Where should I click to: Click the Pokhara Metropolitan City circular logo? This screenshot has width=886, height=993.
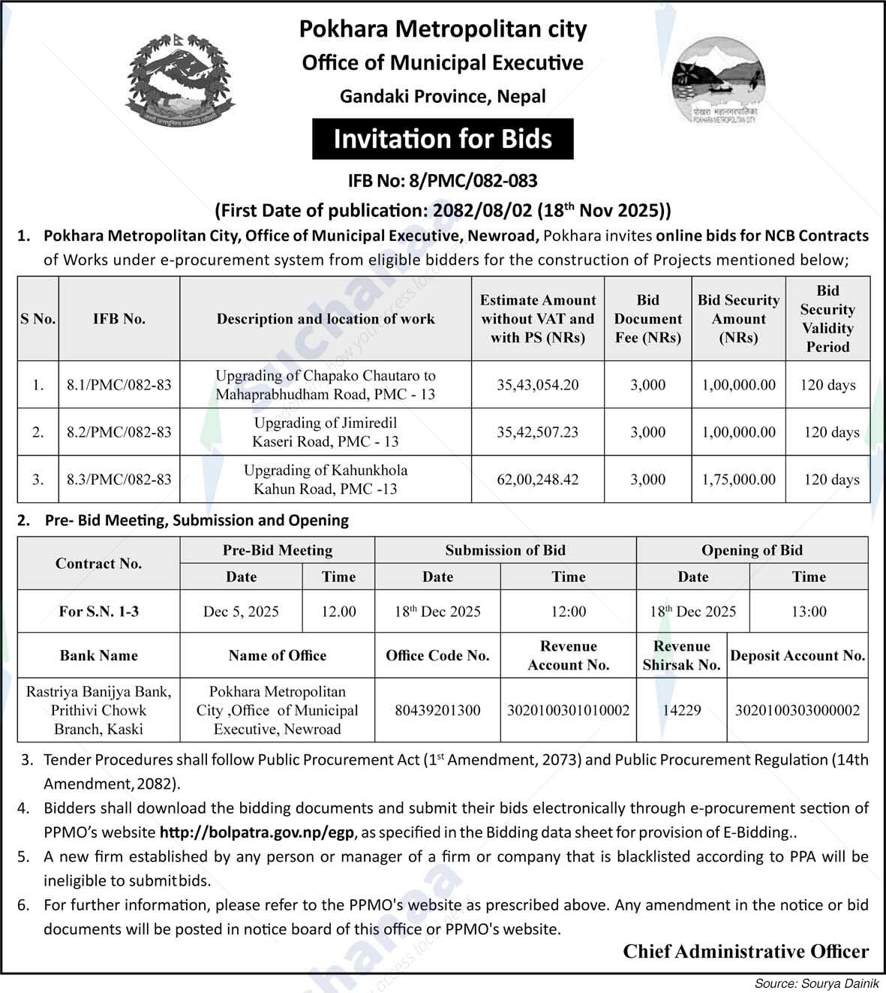pos(718,81)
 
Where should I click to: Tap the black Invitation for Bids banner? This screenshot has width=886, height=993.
pos(443,139)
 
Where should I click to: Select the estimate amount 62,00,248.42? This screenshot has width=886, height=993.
pos(538,480)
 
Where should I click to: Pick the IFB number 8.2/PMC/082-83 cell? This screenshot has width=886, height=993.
pos(119,432)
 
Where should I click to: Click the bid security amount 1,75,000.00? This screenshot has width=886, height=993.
pos(738,480)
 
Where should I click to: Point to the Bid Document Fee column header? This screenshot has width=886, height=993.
pos(647,319)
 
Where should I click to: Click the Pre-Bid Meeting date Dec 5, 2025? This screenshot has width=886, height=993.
pos(241,612)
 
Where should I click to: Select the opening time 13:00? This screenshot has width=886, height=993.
pos(809,612)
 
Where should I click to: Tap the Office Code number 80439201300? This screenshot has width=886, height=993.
pos(437,710)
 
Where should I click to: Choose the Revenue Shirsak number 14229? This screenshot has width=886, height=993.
pos(681,710)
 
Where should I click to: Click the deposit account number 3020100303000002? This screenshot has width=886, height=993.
pos(797,710)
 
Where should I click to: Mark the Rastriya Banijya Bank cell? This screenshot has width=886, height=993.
pos(98,710)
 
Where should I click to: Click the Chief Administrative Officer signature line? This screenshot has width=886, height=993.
pos(746,952)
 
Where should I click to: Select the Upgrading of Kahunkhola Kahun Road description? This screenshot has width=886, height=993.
pos(326,480)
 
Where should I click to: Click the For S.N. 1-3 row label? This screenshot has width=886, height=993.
pos(98,612)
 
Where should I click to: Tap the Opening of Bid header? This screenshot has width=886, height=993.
pos(752,550)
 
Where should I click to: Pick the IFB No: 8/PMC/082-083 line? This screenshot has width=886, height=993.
pos(443,181)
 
